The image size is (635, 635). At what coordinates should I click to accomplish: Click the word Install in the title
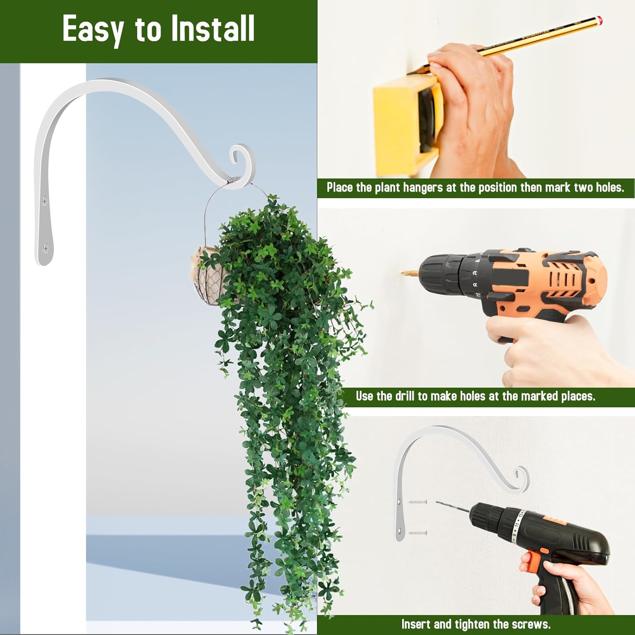click(212, 28)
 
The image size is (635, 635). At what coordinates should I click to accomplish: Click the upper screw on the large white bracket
click(44, 200)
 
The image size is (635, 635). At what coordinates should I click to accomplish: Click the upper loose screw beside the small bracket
click(418, 502)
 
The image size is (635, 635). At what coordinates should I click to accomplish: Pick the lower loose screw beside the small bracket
click(418, 533)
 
